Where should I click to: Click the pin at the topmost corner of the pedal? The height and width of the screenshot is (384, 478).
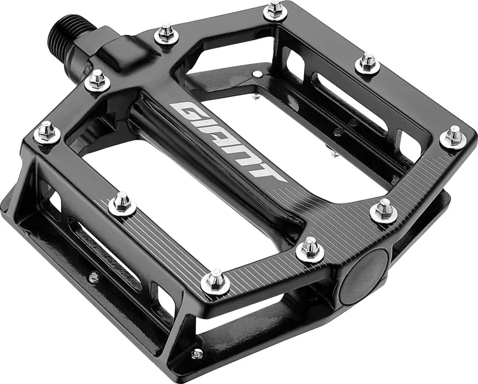[x=274, y=9]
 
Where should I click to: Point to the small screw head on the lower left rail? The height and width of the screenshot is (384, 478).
[x=93, y=277]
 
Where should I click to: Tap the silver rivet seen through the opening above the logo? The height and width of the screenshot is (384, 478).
[x=256, y=74]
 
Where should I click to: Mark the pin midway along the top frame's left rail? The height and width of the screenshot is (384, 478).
[x=122, y=203]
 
